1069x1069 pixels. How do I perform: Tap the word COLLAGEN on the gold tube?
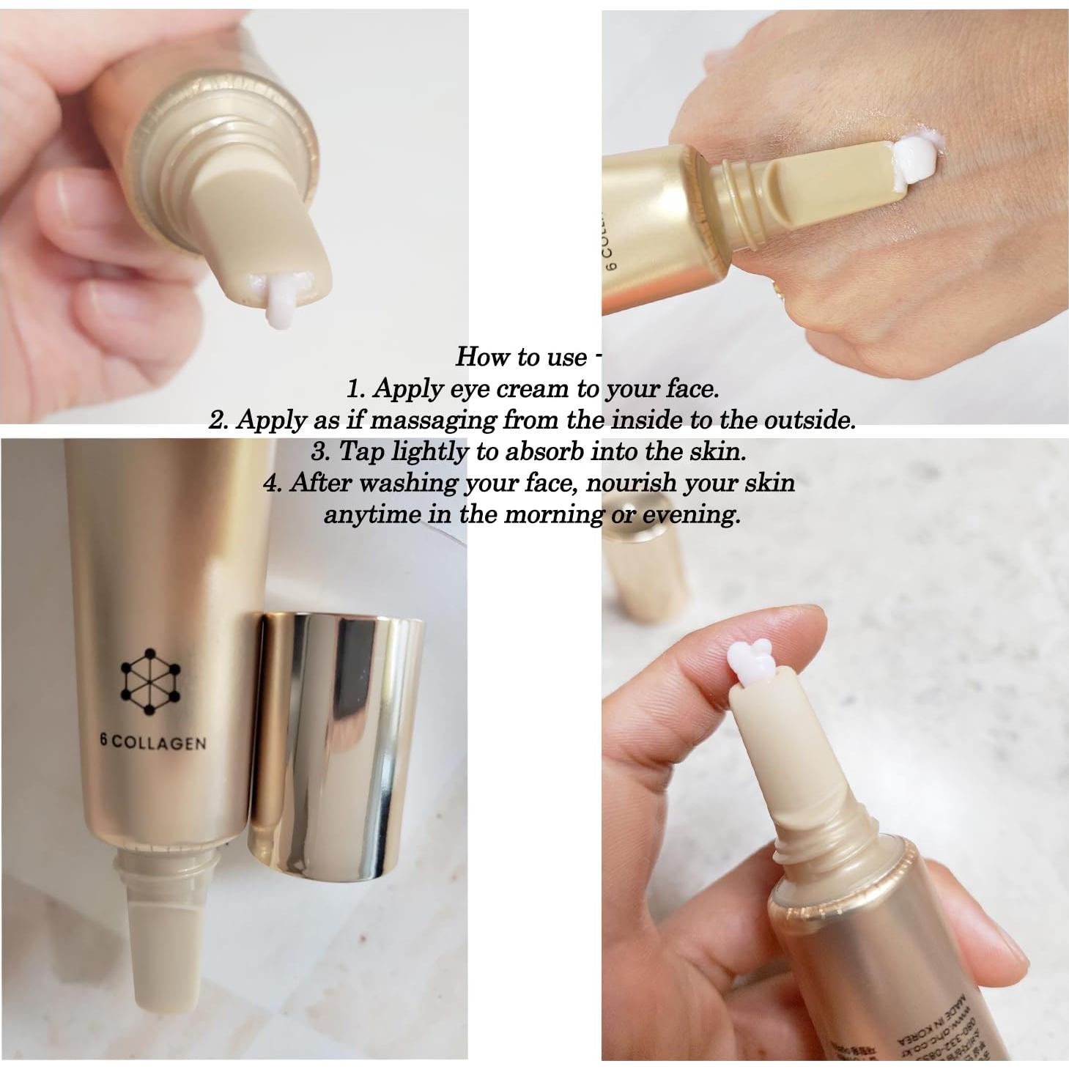(x=160, y=744)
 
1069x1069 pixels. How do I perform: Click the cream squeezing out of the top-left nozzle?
(x=279, y=303)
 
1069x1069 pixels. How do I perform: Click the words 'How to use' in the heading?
(x=520, y=357)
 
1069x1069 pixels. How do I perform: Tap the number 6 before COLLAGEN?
(x=105, y=741)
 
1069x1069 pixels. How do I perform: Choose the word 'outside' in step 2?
(x=806, y=420)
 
